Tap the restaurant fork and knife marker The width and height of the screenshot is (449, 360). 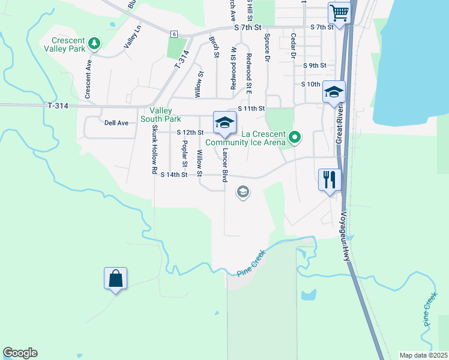330,179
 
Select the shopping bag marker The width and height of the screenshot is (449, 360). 115,278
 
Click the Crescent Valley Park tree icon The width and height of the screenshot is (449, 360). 93,43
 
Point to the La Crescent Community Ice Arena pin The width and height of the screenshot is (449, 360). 294,138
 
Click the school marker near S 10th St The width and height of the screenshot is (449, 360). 334,92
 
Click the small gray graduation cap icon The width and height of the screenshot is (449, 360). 243,193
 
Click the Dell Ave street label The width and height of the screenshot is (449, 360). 116,123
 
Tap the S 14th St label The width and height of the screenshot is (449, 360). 174,175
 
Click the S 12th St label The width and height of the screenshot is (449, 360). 190,132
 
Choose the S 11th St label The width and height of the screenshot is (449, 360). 252,108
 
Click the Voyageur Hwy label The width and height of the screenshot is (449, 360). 345,236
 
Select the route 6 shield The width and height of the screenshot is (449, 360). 173,34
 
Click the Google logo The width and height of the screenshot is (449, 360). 20,353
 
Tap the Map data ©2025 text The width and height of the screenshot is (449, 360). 423,355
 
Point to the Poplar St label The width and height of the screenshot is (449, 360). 185,154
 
